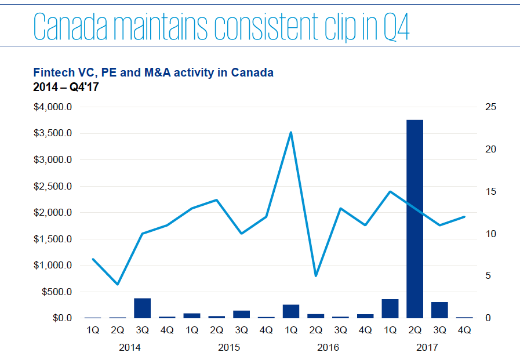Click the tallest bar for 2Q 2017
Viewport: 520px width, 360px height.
coord(414,219)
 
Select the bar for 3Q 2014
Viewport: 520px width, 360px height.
coord(142,308)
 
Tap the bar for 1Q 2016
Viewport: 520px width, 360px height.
coord(290,311)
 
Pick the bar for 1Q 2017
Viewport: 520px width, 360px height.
coord(390,309)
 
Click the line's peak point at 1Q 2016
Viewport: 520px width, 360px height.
coord(290,132)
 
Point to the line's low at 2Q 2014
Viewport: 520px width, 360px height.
coord(118,284)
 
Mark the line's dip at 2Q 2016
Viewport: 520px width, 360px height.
coord(315,275)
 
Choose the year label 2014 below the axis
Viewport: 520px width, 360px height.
coord(129,348)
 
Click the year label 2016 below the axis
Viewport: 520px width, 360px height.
coord(328,348)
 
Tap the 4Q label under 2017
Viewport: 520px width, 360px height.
coord(464,331)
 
